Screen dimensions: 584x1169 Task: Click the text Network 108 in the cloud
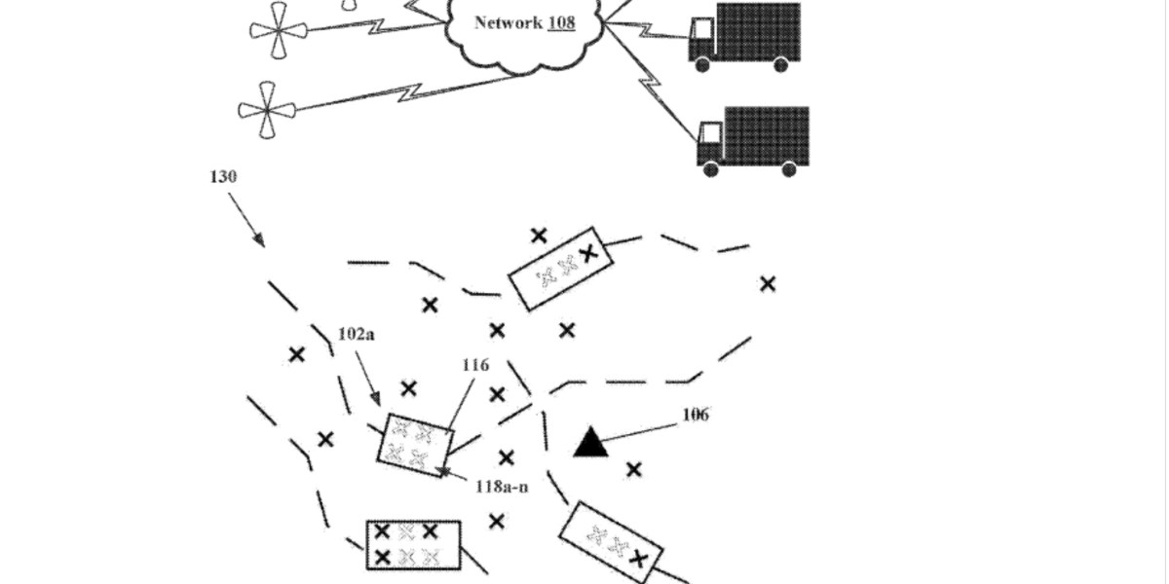pos(524,22)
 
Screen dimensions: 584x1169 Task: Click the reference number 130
pos(223,177)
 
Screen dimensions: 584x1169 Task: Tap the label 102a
pos(356,334)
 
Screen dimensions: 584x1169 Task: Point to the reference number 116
pos(475,365)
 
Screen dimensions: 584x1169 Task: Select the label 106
pos(695,415)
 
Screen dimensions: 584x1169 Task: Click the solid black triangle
pos(590,442)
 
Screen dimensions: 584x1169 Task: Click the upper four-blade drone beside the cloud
pos(279,30)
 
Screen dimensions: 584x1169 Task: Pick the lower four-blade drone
pos(267,110)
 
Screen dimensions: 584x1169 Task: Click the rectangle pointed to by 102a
pos(414,443)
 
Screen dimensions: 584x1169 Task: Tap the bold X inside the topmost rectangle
pos(586,253)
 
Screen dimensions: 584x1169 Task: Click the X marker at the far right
pos(768,283)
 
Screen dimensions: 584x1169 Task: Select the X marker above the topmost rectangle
pos(538,235)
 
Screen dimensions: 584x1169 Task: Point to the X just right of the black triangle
pos(634,470)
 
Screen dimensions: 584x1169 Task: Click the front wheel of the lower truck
pos(711,169)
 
